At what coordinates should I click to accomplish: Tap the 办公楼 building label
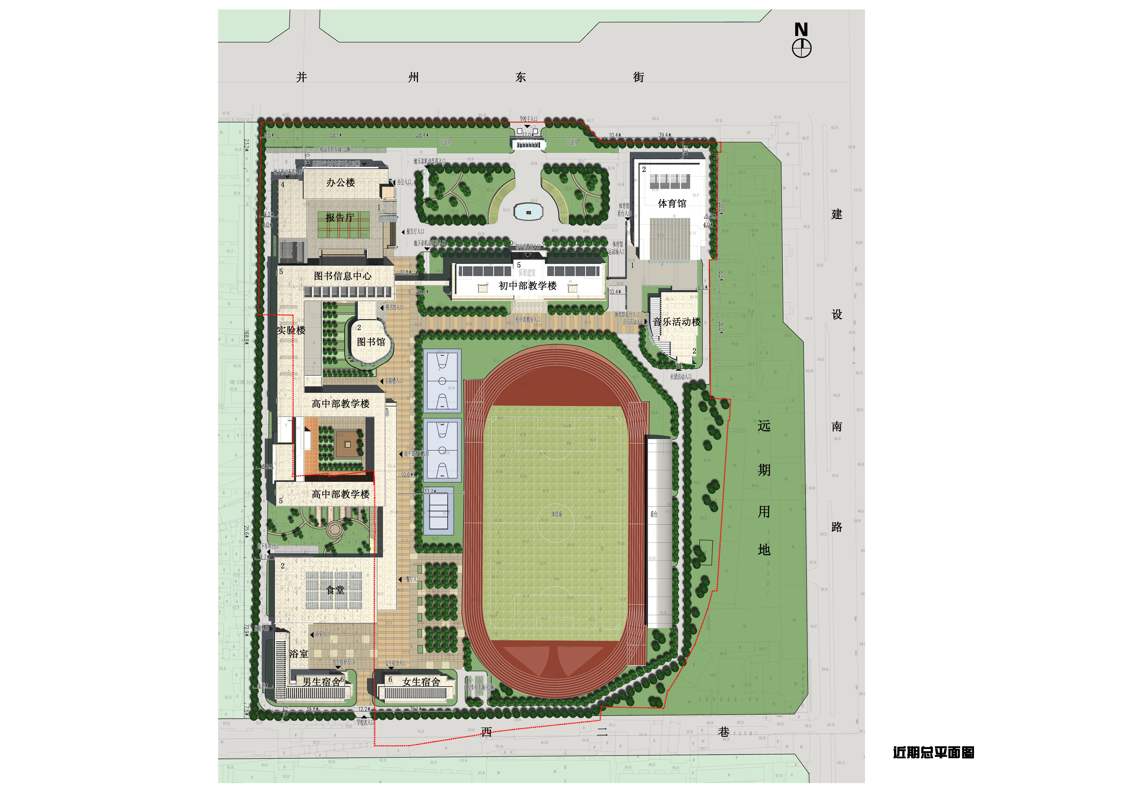point(340,183)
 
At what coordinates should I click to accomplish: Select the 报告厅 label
point(339,218)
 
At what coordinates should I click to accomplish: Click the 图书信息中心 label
point(343,276)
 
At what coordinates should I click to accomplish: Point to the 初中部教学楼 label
point(528,286)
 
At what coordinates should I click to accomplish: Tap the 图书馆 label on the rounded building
point(371,342)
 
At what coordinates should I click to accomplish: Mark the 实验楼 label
point(291,330)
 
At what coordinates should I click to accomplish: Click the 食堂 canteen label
point(336,590)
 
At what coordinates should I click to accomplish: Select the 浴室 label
point(299,654)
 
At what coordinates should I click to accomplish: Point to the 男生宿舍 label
point(321,682)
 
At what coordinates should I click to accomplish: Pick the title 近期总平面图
point(933,753)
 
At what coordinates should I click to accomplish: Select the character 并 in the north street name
point(302,77)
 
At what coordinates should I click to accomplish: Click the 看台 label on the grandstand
point(654,514)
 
